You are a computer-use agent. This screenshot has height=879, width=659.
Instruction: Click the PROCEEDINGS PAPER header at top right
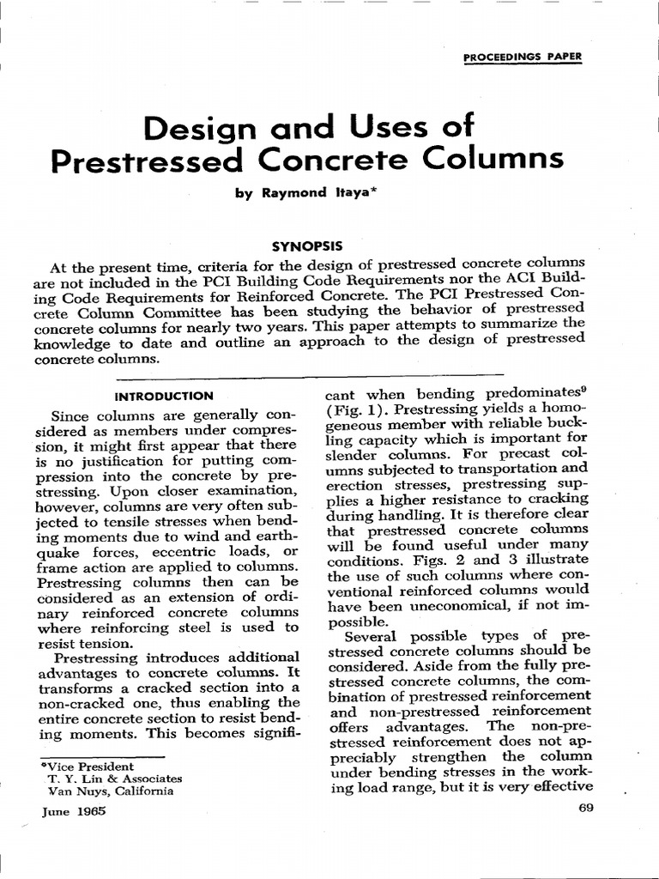coord(522,58)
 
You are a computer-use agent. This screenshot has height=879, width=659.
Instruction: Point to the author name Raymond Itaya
coord(311,195)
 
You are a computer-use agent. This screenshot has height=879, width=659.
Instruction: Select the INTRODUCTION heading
coord(163,396)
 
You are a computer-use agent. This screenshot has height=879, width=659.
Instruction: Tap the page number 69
coord(587,809)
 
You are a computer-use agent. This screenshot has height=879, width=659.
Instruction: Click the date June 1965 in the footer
coord(73,810)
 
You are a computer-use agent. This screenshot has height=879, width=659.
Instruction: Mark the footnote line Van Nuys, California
coord(111,791)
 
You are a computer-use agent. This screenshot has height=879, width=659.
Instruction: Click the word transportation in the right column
coord(499,469)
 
